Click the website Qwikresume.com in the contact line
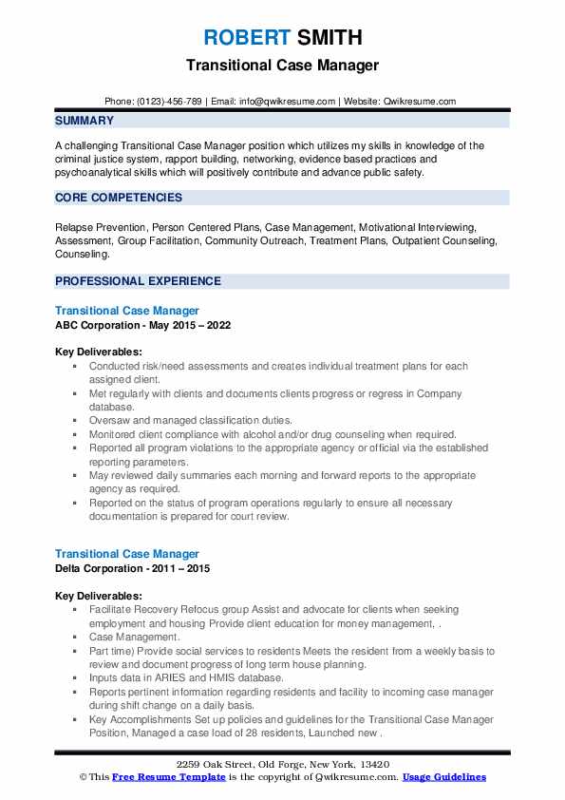[419, 101]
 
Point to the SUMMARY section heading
[85, 121]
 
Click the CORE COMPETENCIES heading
[119, 198]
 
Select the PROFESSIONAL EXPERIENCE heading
[138, 281]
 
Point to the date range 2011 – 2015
[183, 568]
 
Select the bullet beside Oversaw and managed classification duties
[74, 421]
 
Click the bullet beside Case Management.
[74, 638]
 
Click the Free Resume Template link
[169, 777]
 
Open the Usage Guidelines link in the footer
[443, 777]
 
